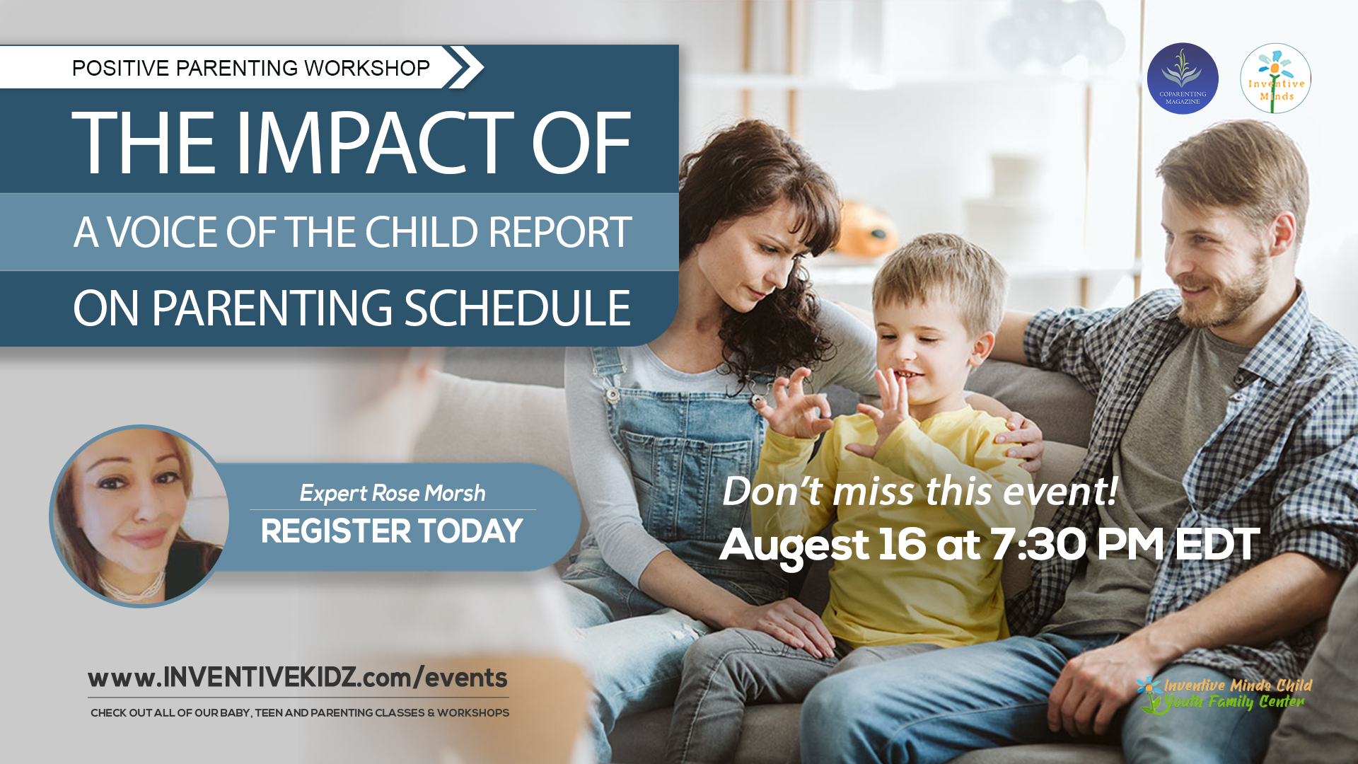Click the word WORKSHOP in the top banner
click(366, 68)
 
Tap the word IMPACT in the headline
click(376, 144)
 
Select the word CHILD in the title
click(420, 232)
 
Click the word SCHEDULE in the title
click(517, 308)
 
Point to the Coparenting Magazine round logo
click(1182, 79)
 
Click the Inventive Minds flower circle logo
click(1275, 79)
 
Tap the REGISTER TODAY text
click(391, 531)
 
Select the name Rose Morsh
click(429, 493)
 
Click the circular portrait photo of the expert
click(140, 516)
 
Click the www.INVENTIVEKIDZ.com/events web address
click(297, 678)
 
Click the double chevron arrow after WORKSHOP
click(464, 67)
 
